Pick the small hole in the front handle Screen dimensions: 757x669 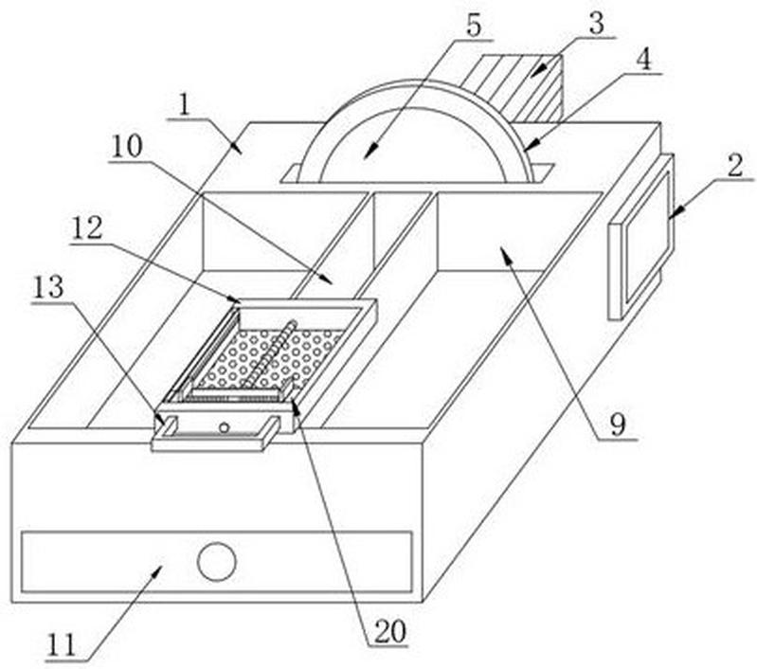(224, 427)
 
